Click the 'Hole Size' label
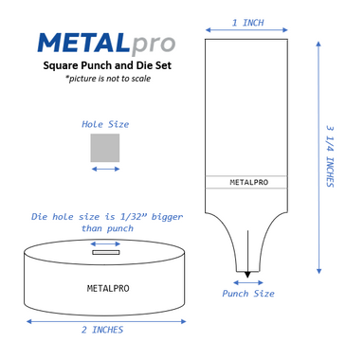coord(105,124)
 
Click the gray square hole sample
coord(105,148)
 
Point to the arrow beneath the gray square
coord(105,169)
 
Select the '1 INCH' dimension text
coord(247,21)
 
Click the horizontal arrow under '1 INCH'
coord(246,31)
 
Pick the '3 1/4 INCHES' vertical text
coord(330,155)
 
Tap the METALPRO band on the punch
coord(246,182)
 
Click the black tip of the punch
coord(247,275)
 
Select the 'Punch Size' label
coord(248,294)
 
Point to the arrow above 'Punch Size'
coord(247,282)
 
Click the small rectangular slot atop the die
coord(105,252)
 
